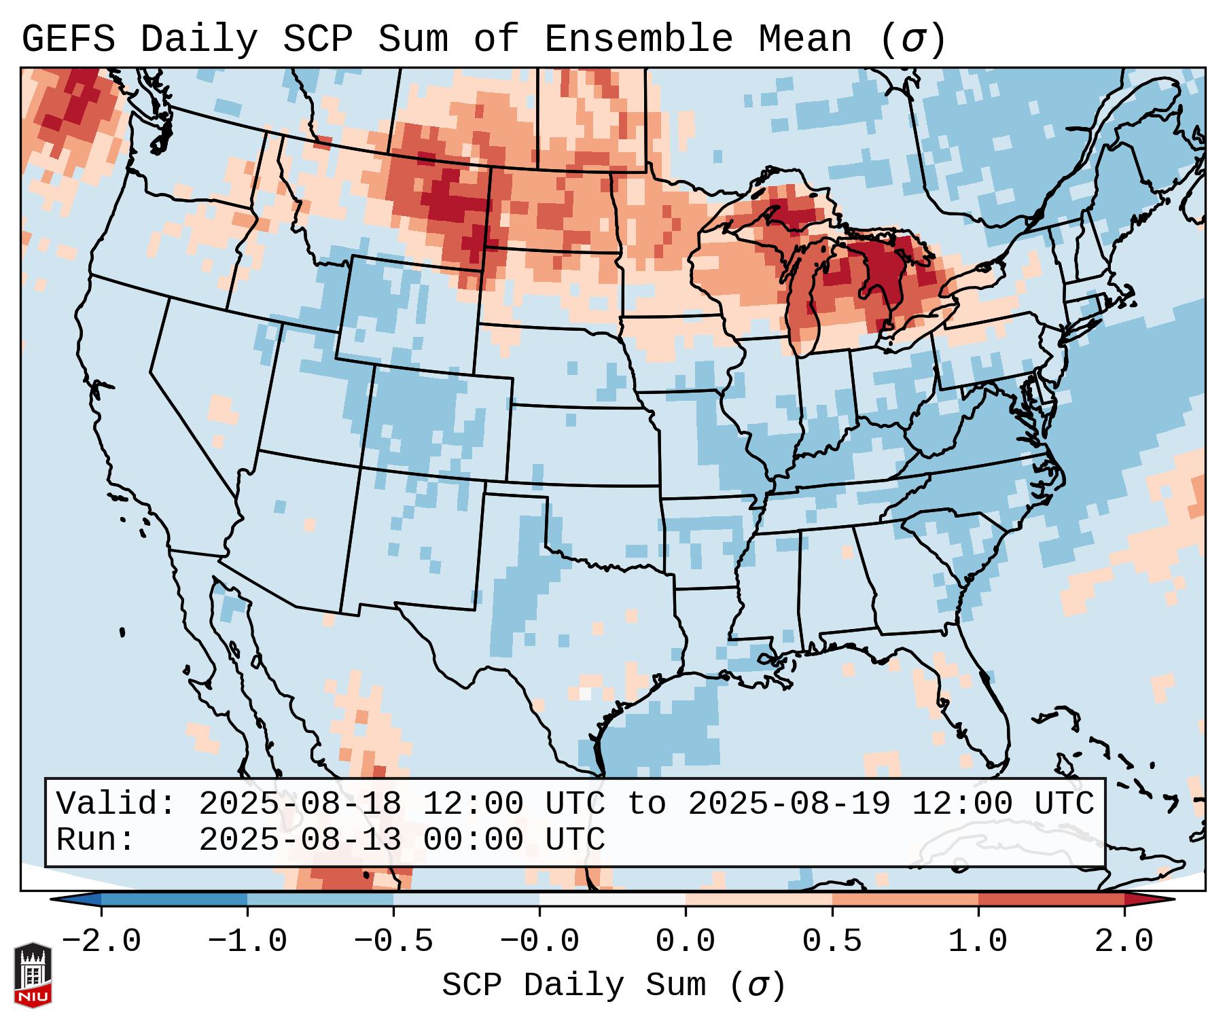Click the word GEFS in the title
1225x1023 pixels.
click(68, 39)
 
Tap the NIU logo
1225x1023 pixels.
click(33, 975)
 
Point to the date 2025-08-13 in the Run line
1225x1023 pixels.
click(300, 840)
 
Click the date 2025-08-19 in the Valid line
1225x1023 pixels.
click(789, 804)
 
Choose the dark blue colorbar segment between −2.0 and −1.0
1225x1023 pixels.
click(174, 899)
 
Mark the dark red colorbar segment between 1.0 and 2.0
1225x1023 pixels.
click(1050, 899)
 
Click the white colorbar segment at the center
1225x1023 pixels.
click(612, 899)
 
